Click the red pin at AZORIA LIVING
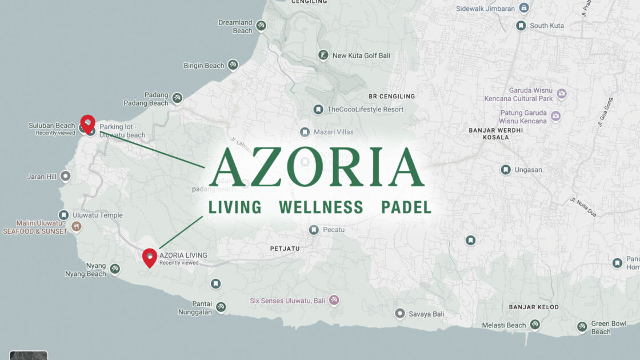pos(149,257)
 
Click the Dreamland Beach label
pos(235,26)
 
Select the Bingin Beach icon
pos(233,65)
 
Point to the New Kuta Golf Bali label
pos(361,55)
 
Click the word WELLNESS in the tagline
pos(321,207)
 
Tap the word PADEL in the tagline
pos(406,207)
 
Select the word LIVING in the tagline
pos(235,207)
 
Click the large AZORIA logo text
pos(317,167)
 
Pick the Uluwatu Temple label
pos(97,215)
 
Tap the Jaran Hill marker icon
pos(66,176)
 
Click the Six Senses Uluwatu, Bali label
pos(287,300)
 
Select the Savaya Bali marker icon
pos(400,314)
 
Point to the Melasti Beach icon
pos(535,325)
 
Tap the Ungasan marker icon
pos(506,170)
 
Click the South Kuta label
pos(547,26)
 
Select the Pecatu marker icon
pos(314,230)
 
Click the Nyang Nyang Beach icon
pos(115,269)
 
